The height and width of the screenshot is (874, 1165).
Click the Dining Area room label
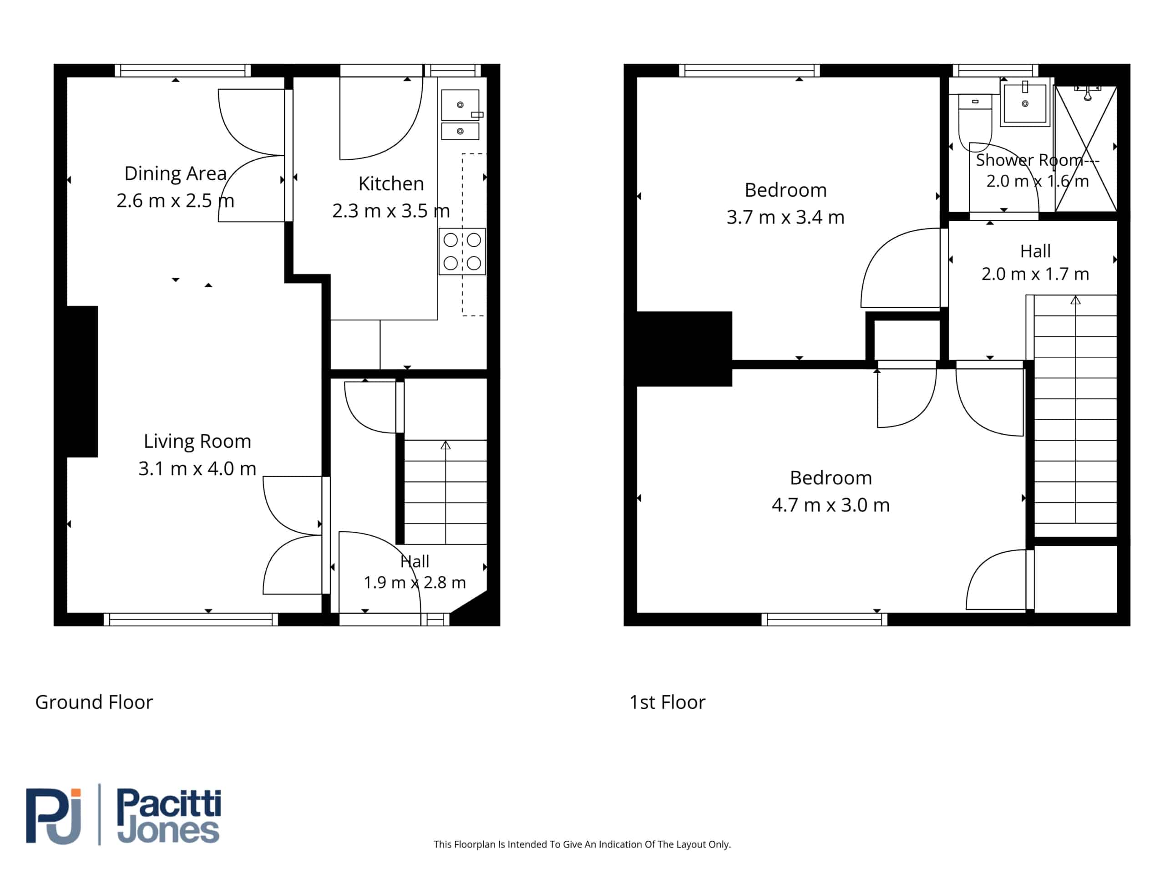[175, 173]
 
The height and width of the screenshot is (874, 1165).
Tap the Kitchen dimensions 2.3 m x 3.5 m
[391, 211]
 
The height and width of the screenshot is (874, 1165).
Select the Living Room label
[198, 442]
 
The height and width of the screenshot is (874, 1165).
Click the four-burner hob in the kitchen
[462, 251]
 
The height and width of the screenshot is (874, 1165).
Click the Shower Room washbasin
[1025, 103]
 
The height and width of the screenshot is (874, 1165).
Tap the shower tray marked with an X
[1086, 148]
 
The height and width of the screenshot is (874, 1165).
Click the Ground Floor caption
[94, 702]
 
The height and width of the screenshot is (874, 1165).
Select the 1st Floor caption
[667, 702]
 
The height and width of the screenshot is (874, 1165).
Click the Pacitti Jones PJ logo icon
[54, 816]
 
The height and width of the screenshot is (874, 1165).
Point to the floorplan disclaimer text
[582, 844]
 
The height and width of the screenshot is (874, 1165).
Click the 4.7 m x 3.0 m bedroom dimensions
[831, 505]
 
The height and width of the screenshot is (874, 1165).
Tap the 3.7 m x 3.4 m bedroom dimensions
[785, 217]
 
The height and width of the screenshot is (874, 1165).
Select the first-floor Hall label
[1035, 251]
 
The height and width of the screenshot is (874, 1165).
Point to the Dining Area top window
[183, 71]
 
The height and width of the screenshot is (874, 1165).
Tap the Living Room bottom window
[191, 620]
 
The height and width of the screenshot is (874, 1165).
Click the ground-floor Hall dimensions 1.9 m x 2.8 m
[415, 583]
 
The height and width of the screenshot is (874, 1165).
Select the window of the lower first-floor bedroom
[824, 620]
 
